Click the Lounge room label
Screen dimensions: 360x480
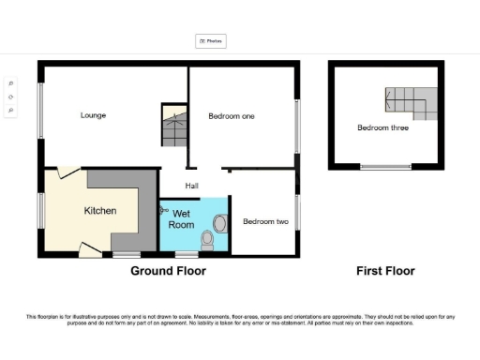(x=93, y=115)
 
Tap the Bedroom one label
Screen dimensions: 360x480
(x=232, y=115)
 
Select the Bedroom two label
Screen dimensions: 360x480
(x=265, y=222)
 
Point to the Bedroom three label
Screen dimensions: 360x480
(x=382, y=128)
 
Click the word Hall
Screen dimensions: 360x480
(x=190, y=185)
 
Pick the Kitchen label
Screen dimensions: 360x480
(x=100, y=211)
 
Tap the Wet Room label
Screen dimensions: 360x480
(x=181, y=220)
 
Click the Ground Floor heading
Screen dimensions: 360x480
(x=168, y=271)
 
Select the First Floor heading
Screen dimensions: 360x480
(x=385, y=271)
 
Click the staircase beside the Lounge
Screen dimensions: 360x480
(x=174, y=127)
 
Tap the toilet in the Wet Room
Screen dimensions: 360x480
(x=208, y=241)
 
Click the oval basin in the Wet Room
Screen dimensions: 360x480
(x=220, y=223)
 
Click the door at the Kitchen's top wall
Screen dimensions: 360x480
(x=66, y=172)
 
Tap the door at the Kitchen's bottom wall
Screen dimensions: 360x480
(x=90, y=249)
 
